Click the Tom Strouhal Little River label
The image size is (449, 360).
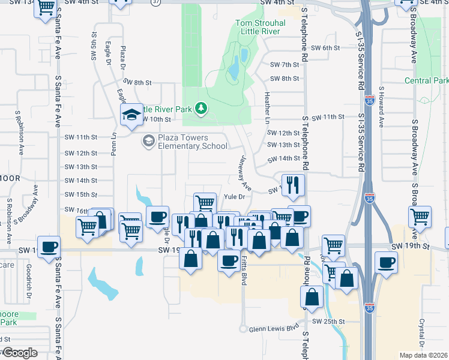click(259, 28)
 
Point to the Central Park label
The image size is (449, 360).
click(426, 80)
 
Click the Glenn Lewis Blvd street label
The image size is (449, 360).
click(276, 328)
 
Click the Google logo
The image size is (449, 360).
click(20, 353)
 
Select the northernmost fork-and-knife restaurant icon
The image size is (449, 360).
click(293, 184)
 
